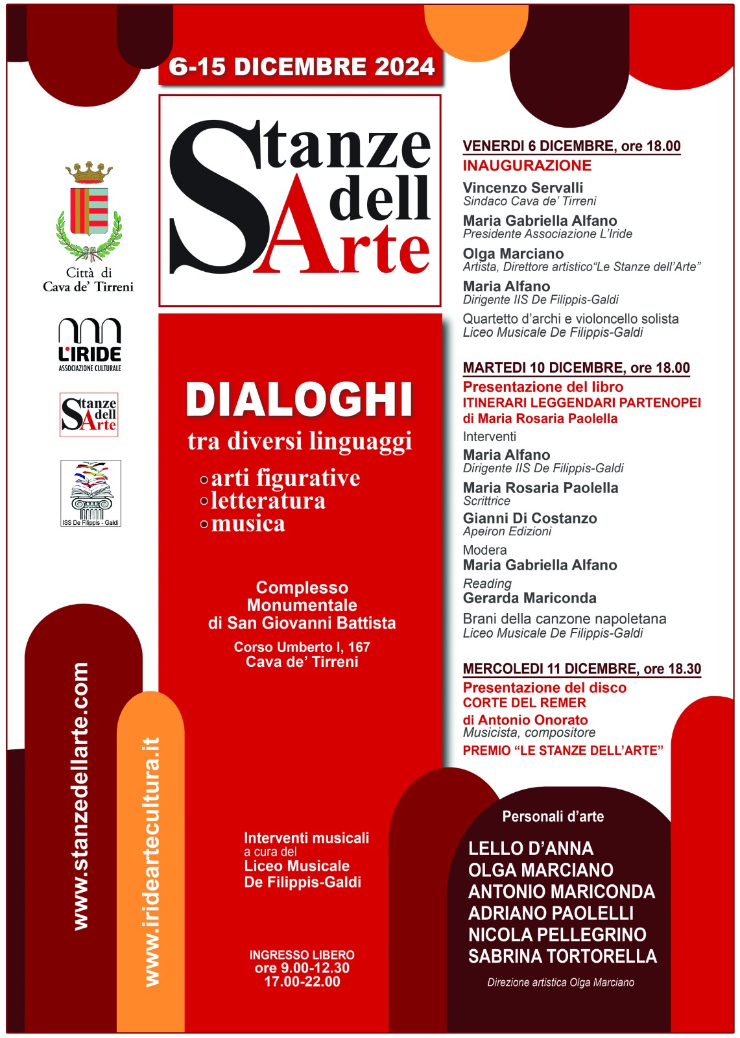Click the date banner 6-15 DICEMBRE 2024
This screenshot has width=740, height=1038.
tap(301, 67)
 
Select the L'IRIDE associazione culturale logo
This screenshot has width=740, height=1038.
tap(90, 344)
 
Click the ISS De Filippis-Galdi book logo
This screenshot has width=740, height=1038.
tap(91, 493)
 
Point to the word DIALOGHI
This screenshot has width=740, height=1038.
tap(299, 400)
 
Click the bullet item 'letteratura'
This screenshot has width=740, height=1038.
tap(268, 501)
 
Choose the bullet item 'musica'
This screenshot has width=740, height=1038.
tap(248, 524)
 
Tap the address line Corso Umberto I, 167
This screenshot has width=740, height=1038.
tap(302, 647)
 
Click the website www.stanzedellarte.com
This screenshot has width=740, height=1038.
tap(80, 796)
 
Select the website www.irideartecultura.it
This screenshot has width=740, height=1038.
tap(151, 862)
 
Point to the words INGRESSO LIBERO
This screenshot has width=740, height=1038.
tap(302, 955)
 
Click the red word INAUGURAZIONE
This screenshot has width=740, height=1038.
tap(527, 165)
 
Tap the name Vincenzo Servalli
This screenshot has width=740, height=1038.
tap(523, 187)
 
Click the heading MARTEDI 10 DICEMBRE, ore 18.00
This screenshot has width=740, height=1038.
tap(576, 368)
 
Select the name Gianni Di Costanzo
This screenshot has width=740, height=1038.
tap(530, 518)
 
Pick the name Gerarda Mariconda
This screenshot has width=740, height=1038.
tap(529, 598)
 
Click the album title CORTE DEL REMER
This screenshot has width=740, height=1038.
tap(524, 703)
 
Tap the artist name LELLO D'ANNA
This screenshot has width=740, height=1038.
tap(531, 849)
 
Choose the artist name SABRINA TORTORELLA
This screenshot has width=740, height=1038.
tap(562, 956)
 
